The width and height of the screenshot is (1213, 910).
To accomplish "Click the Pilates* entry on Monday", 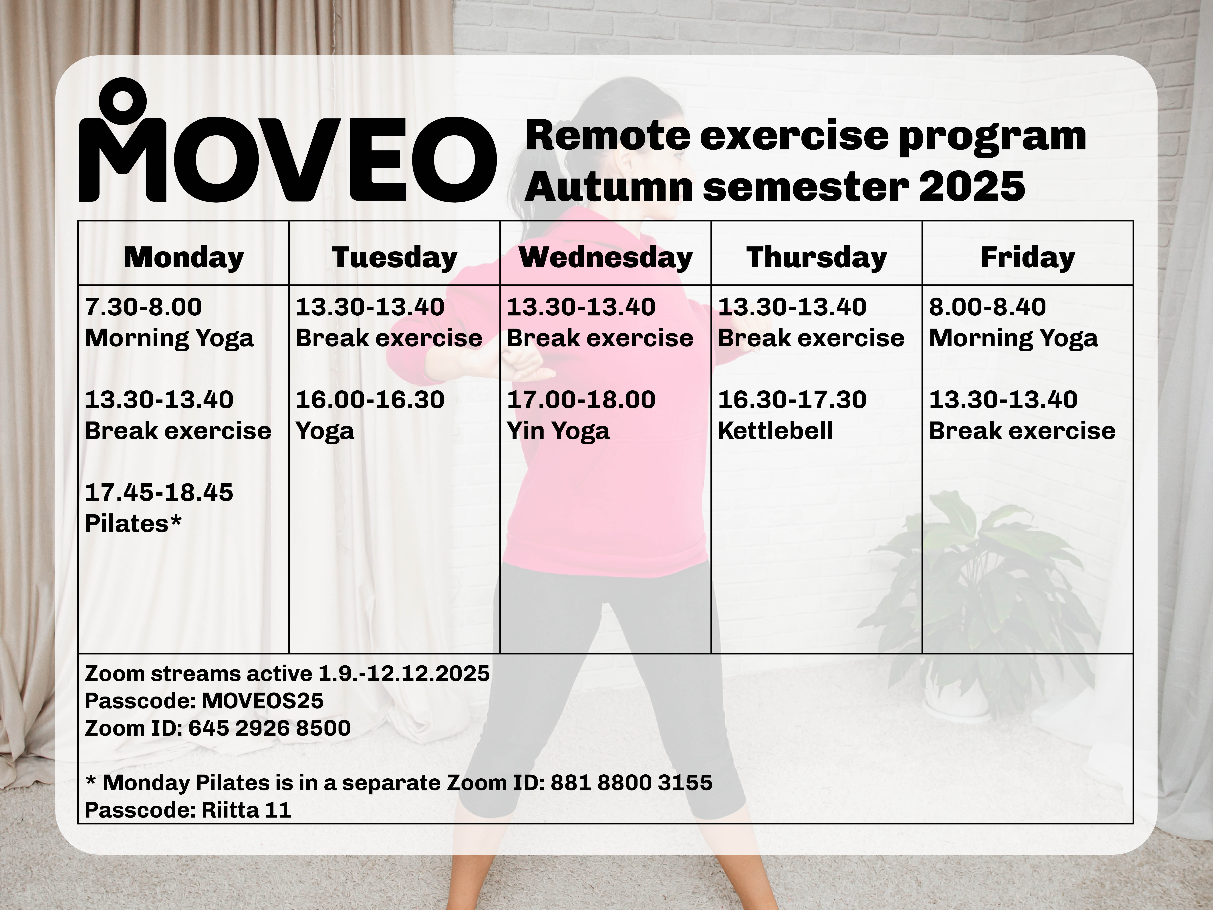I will [133, 524].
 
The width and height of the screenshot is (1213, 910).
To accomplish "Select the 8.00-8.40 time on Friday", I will [987, 307].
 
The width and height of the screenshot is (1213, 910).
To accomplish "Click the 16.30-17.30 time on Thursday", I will [792, 399].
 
